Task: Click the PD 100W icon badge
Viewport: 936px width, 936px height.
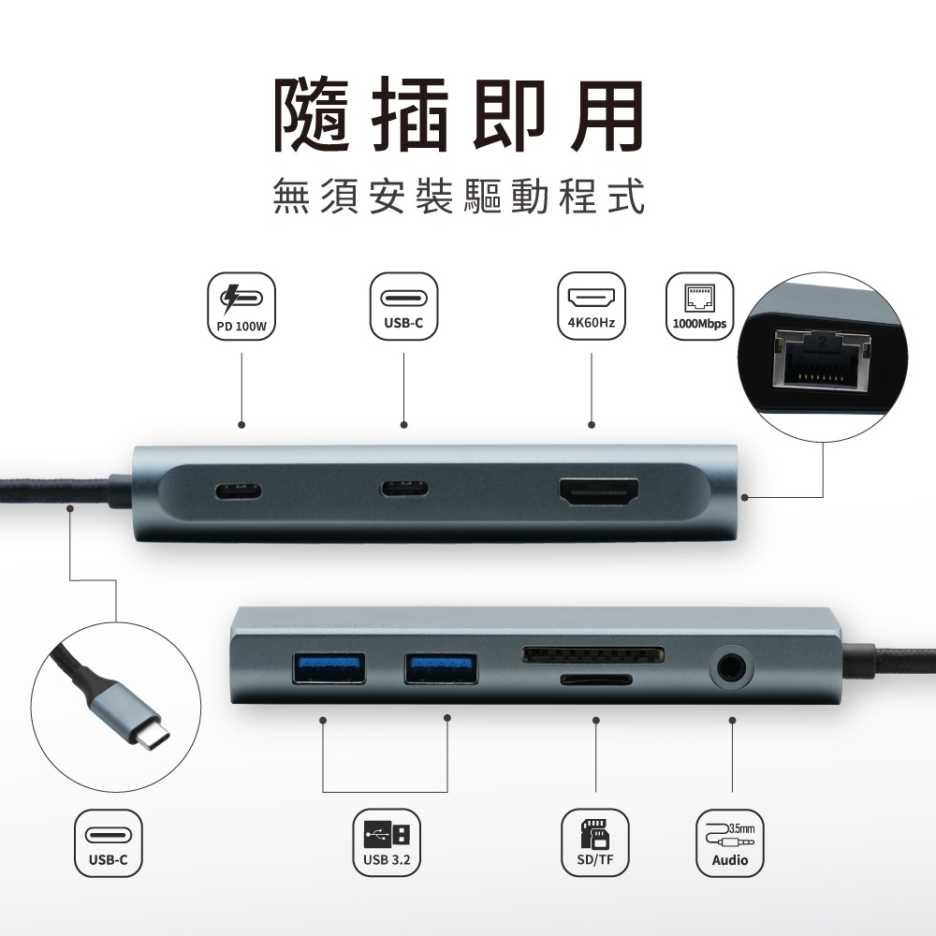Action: pyautogui.click(x=241, y=307)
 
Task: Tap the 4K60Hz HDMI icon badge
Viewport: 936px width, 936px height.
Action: pyautogui.click(x=591, y=306)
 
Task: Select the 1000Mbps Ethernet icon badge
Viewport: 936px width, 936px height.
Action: pyautogui.click(x=699, y=306)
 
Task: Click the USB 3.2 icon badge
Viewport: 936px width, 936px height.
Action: pyautogui.click(x=387, y=842)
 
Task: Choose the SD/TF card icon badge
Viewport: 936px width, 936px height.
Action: pyautogui.click(x=595, y=842)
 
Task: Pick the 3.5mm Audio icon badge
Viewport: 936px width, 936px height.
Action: pyautogui.click(x=729, y=842)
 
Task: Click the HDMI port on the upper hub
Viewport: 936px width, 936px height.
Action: pyautogui.click(x=598, y=493)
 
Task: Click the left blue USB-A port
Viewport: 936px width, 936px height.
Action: pyautogui.click(x=329, y=668)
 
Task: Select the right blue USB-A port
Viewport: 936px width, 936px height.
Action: pyautogui.click(x=441, y=668)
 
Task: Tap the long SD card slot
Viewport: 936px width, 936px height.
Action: pyautogui.click(x=593, y=655)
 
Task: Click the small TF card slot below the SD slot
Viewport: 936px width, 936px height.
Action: pyautogui.click(x=595, y=680)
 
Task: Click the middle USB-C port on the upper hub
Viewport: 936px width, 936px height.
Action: pyautogui.click(x=404, y=489)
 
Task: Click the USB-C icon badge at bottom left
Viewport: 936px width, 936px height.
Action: pyautogui.click(x=108, y=842)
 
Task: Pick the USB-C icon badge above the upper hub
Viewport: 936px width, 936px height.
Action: pyautogui.click(x=403, y=306)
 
